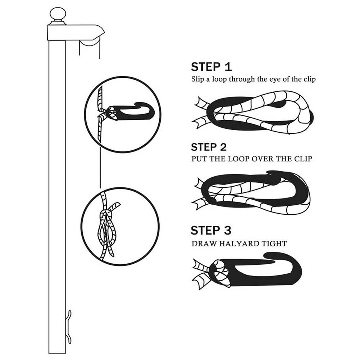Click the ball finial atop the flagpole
coord(58,15)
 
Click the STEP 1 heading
coord(211,67)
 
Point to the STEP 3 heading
coord(211,230)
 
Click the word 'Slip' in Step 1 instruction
coord(198,79)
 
